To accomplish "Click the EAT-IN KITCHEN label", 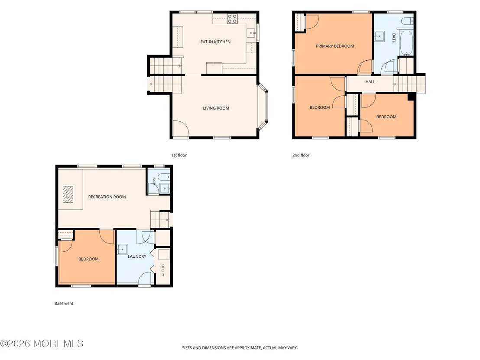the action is pos(215,42).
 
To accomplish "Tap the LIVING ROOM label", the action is pos(216,108).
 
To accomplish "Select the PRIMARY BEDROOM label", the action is pos(335,46).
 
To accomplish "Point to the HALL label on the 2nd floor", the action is pos(370,82).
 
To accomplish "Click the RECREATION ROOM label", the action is pos(107,197).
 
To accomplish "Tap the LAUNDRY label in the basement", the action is pos(137,256).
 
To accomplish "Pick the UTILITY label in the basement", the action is pos(163,270).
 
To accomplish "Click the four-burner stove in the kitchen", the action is pos(232,19).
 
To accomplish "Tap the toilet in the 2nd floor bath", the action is pos(408,21).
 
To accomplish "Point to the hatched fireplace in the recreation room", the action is pos(68,195).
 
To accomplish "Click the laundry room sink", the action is pos(123,249).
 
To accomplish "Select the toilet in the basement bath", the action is pos(165,177).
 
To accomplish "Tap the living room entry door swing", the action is pos(181,129).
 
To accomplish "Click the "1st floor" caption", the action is pos(179,155).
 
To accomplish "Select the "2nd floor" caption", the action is pos(301,155).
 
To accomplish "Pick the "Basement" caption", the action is pos(64,303).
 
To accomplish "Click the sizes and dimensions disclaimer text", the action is pos(240,348).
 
